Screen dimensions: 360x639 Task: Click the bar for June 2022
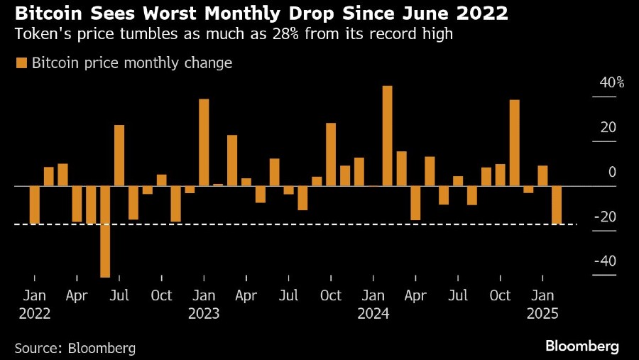(x=105, y=231)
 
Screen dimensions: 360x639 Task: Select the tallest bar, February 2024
(x=387, y=136)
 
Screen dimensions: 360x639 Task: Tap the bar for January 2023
(x=204, y=142)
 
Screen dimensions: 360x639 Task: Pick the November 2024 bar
(x=514, y=143)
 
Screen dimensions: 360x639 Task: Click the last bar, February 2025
(x=557, y=205)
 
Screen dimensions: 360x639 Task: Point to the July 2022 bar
(x=119, y=156)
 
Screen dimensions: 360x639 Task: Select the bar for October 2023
(x=331, y=154)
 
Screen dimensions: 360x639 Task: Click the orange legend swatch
(x=21, y=63)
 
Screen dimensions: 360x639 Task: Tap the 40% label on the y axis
(x=611, y=83)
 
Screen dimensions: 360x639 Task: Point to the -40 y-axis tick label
(x=606, y=261)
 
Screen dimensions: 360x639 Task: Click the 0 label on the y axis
(x=612, y=173)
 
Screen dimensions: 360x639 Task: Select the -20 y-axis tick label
(x=606, y=217)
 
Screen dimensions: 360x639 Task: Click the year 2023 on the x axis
(x=204, y=313)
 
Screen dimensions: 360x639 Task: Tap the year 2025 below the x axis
(x=543, y=313)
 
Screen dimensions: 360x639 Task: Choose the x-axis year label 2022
(x=35, y=313)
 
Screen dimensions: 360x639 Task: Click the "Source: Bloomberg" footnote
(x=75, y=348)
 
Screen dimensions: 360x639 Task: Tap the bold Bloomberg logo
(x=582, y=347)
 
